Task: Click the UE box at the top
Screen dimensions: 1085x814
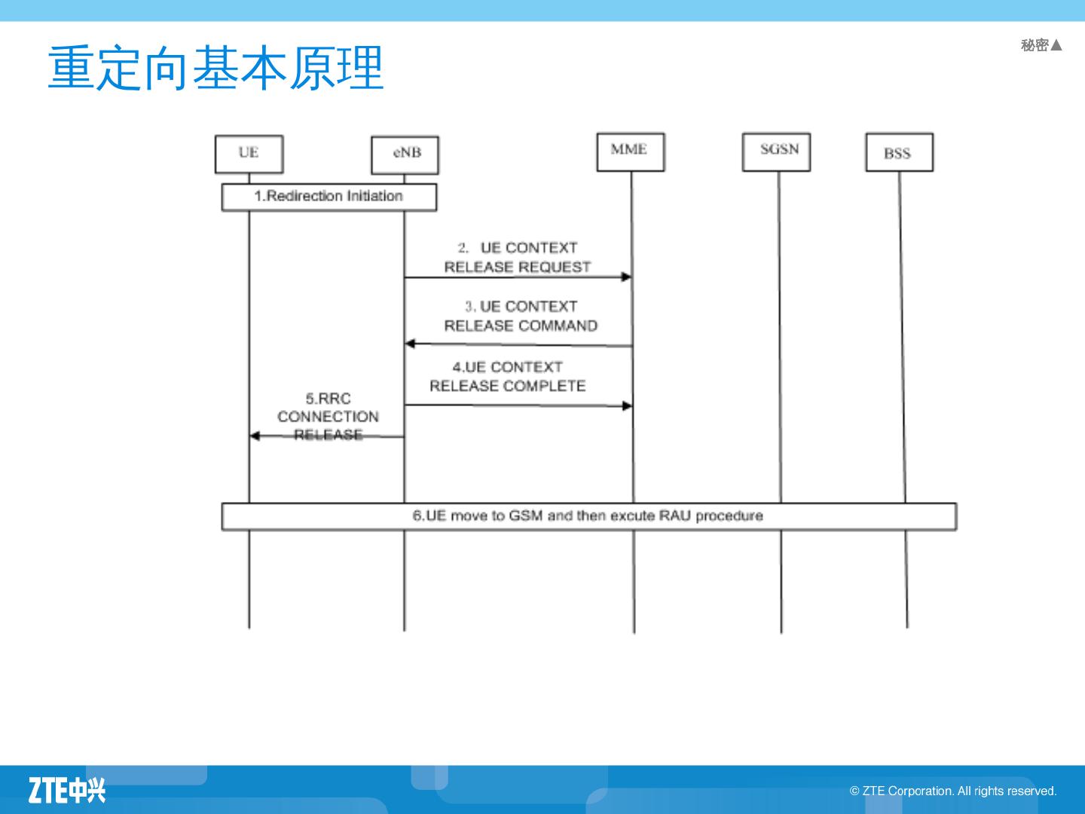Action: [x=249, y=154]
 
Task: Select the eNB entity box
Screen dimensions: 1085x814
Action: [x=405, y=155]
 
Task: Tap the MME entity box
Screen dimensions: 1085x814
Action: [x=630, y=151]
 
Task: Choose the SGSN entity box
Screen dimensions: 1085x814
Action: [x=776, y=151]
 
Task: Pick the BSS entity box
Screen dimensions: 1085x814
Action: [x=899, y=152]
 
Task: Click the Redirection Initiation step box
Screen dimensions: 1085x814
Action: [x=329, y=197]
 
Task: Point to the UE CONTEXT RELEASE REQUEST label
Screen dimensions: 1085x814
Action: [x=518, y=257]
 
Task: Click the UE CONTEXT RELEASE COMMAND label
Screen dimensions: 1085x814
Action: [x=521, y=316]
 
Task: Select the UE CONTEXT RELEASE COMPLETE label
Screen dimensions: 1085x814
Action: [x=508, y=376]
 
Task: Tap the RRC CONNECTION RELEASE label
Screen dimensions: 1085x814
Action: [x=328, y=416]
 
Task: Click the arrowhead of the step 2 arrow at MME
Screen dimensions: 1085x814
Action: [x=626, y=277]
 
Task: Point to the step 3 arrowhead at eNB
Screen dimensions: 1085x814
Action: [x=410, y=344]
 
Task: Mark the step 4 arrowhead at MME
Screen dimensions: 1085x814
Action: [x=627, y=406]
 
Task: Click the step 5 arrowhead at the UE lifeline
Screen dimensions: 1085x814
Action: [x=255, y=436]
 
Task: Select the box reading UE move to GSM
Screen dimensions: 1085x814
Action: [x=588, y=516]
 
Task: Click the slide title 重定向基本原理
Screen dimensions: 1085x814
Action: [x=216, y=68]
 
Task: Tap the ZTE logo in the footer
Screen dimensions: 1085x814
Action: [x=67, y=790]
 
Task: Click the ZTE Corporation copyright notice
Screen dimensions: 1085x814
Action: [x=953, y=791]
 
